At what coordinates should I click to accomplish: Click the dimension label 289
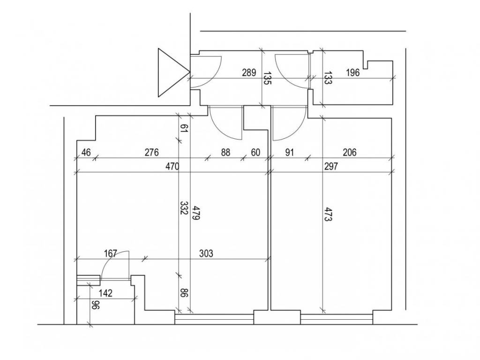point(249,73)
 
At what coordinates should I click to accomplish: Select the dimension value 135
point(267,78)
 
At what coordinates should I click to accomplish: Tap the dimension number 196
point(352,73)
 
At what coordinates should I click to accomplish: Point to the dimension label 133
point(328,78)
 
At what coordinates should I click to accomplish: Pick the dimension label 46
point(86,152)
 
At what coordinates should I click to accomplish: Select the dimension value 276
point(152,152)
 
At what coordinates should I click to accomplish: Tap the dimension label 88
point(225,152)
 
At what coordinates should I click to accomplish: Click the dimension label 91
point(289,152)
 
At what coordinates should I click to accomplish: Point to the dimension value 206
point(350,152)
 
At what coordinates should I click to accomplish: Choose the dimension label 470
point(172,166)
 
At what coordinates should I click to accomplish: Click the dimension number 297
point(331,166)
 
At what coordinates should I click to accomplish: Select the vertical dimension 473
point(328,215)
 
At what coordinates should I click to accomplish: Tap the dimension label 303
point(206,254)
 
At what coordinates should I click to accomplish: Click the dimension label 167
point(111,254)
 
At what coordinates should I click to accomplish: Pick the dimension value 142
point(105,293)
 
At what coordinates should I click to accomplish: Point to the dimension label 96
point(96,305)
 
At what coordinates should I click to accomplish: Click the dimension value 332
point(184,208)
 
